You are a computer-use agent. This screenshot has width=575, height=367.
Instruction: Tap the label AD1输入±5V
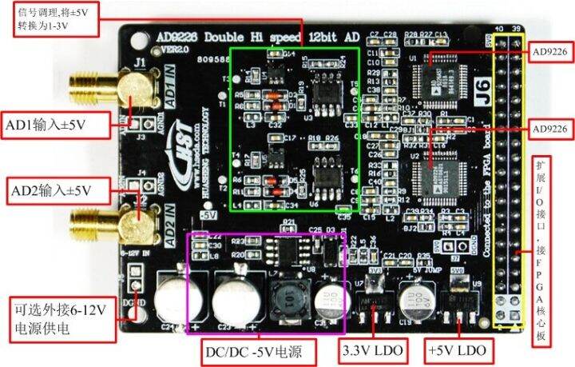coord(45,126)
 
